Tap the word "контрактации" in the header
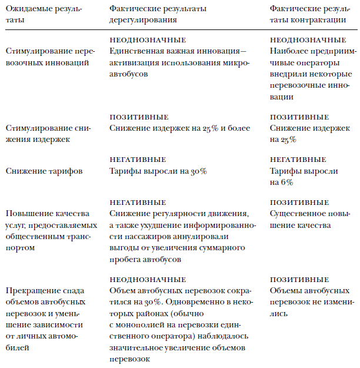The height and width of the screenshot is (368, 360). click(321, 19)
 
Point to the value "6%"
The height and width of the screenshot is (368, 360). click(285, 183)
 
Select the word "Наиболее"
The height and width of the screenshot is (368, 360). click(288, 52)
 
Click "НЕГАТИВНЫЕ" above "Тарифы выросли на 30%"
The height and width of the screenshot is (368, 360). click(138, 160)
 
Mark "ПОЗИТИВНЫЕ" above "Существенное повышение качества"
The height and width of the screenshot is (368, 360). click(299, 202)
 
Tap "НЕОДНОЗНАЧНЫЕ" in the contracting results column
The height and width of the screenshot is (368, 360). click(308, 40)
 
